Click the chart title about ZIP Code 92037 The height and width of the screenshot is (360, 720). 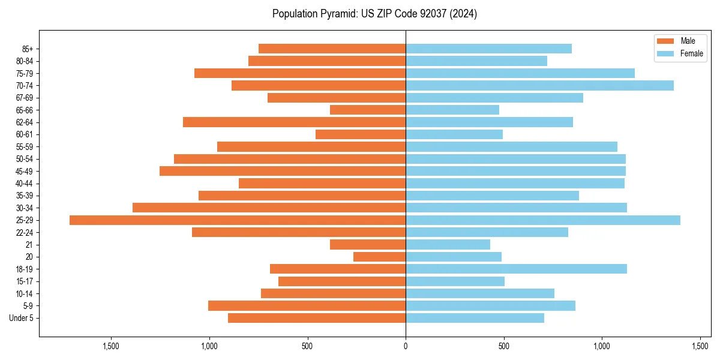374,14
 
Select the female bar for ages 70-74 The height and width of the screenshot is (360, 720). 539,86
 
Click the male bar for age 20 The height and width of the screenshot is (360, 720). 379,257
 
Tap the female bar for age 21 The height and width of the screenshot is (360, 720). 448,245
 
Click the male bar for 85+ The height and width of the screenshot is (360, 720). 332,49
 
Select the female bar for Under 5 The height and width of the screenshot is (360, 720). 475,318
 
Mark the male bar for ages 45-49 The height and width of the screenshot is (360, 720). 283,171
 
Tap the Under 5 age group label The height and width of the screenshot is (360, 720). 22,318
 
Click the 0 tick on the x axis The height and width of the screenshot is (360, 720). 406,346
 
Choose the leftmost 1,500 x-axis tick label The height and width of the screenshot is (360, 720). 110,346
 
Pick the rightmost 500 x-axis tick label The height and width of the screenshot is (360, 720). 504,346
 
